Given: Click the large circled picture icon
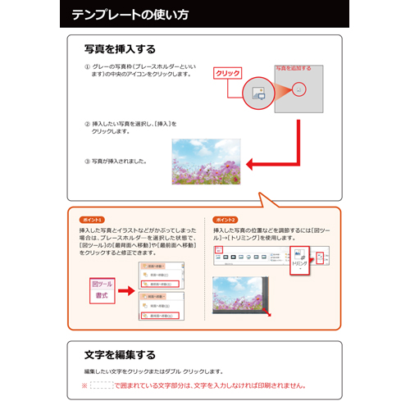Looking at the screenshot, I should [257, 90].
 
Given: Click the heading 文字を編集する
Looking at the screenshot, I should [120, 355].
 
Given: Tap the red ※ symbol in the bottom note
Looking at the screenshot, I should [84, 385].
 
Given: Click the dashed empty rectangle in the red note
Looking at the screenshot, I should [101, 385].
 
